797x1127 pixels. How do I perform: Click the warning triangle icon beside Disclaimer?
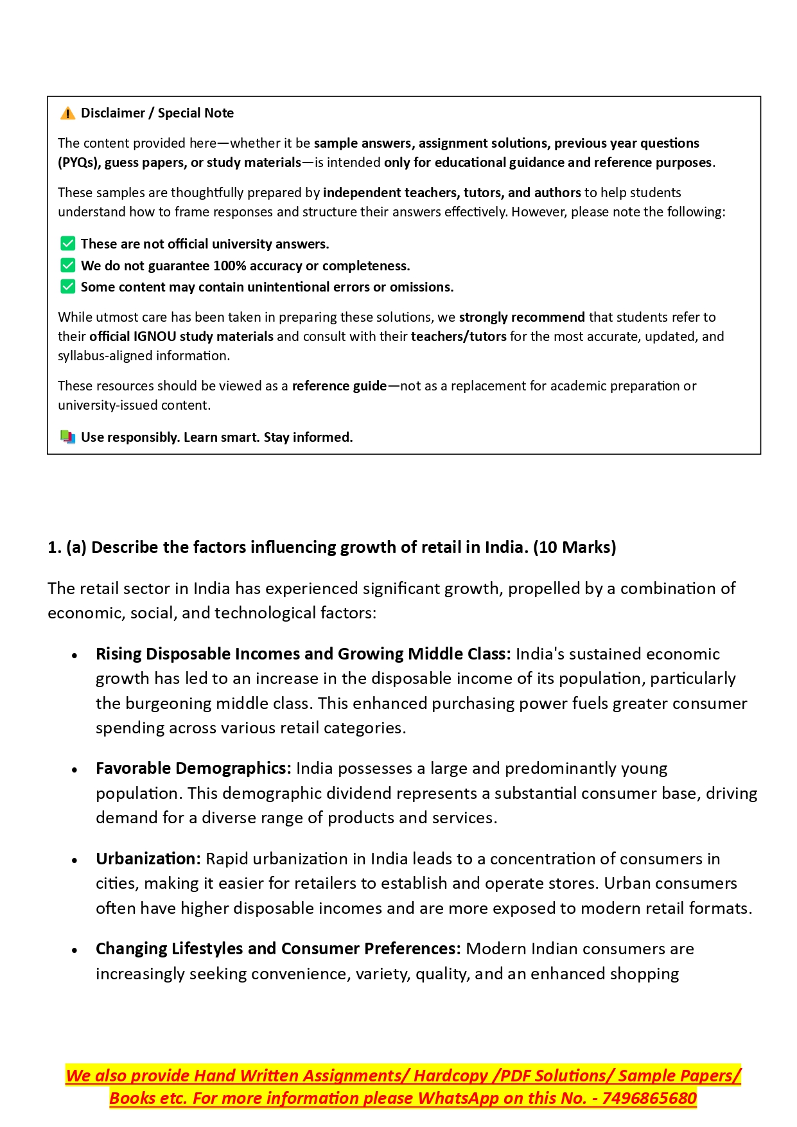coord(67,114)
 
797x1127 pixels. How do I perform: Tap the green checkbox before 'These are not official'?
coord(67,244)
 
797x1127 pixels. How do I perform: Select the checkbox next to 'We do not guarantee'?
coord(67,266)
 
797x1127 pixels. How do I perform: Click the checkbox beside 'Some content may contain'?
coord(67,287)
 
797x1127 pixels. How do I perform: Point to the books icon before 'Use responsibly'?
coord(67,437)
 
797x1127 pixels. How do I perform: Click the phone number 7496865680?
coord(649,1099)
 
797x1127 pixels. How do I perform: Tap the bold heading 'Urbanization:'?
coord(148,859)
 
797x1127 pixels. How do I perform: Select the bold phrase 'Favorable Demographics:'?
coord(193,769)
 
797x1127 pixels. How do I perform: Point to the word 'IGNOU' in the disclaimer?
coord(155,336)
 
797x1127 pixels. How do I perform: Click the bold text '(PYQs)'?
coord(79,162)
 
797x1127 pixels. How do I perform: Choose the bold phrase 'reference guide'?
coord(339,386)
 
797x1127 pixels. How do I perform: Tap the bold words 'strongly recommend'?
coord(521,317)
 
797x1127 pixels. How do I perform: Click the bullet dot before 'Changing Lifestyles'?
coord(75,950)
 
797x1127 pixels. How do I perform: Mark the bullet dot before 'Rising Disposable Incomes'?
coord(75,656)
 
